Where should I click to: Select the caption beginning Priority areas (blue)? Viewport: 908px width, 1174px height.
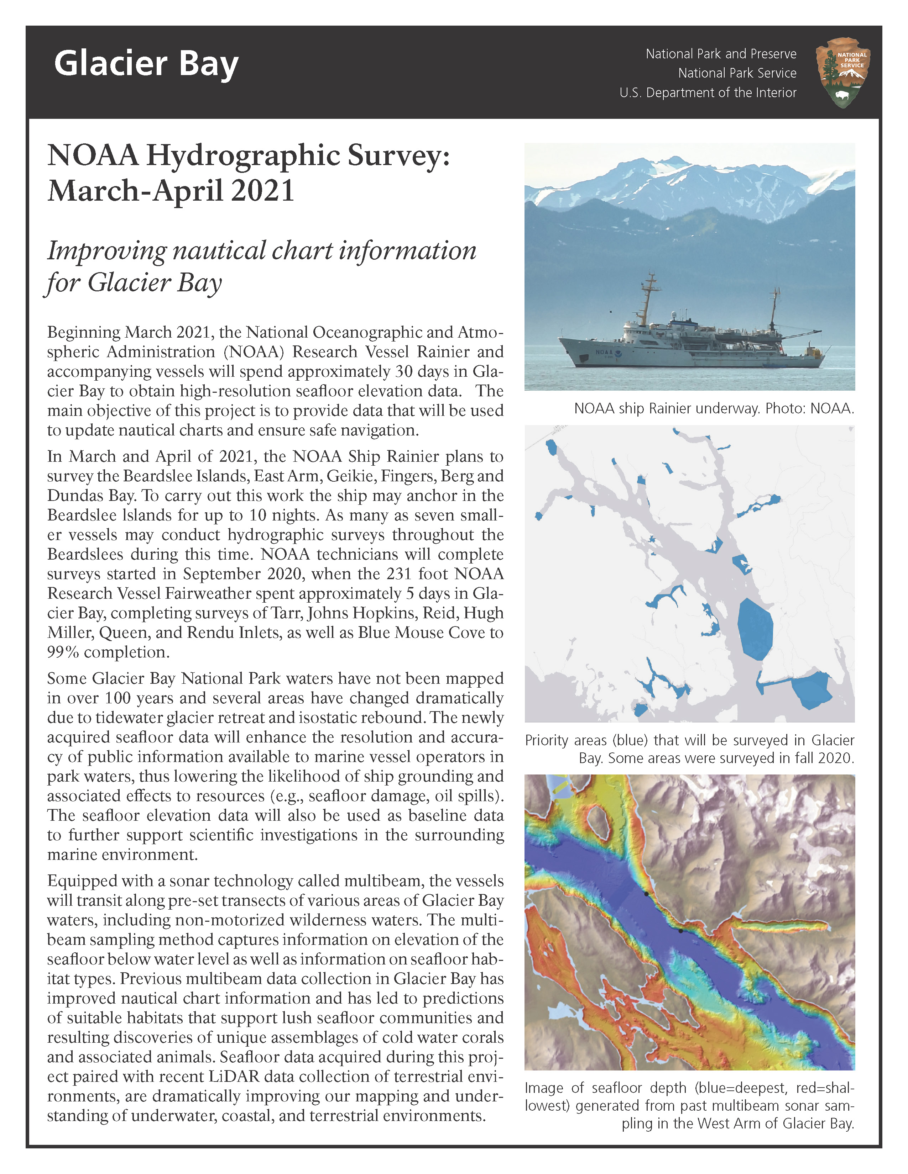pos(690,749)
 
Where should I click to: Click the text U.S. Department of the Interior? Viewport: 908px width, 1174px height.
pos(708,93)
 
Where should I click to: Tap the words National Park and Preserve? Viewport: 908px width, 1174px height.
pos(721,54)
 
